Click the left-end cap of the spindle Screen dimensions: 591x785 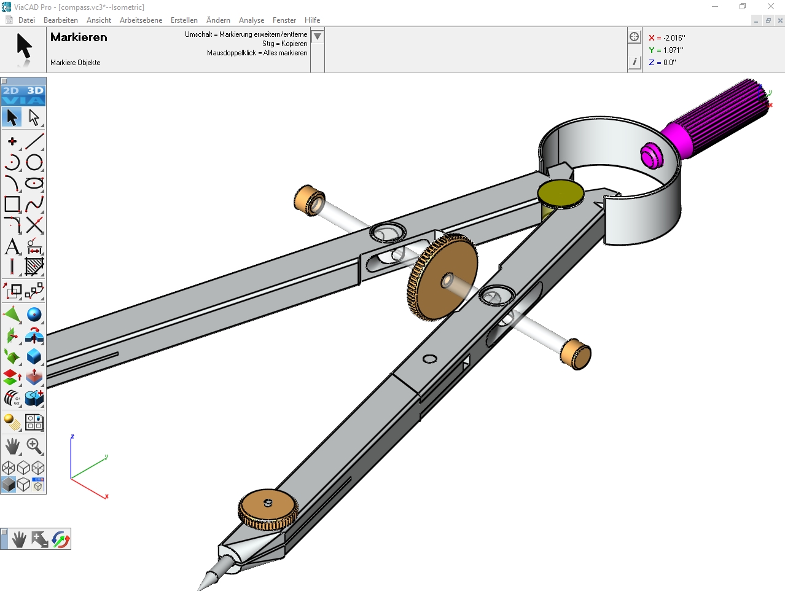click(310, 200)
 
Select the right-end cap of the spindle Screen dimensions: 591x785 click(576, 354)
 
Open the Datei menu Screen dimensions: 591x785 click(26, 20)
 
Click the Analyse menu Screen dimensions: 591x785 click(251, 20)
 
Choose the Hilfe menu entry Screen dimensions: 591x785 click(312, 20)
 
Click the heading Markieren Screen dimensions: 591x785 click(79, 37)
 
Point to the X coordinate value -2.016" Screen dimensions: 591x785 click(674, 38)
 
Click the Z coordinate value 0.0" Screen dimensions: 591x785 click(669, 63)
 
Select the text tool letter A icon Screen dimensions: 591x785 click(12, 246)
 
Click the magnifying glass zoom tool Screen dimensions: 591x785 click(34, 445)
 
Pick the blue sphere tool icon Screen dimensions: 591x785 click(34, 315)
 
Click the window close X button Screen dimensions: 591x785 click(771, 7)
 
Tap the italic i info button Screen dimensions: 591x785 click(635, 62)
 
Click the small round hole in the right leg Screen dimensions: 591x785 click(430, 359)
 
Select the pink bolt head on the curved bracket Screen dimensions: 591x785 click(650, 155)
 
